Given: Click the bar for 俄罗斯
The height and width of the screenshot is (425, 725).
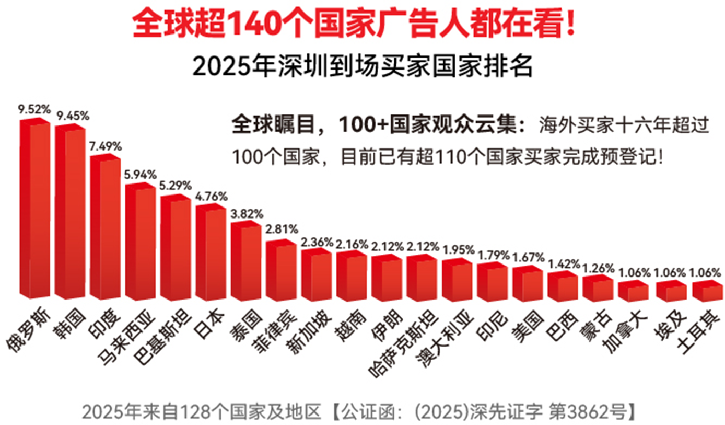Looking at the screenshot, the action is [35, 208].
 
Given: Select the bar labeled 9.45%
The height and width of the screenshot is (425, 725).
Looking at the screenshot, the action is [70, 211].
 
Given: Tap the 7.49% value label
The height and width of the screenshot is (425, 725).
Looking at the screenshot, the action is [106, 146].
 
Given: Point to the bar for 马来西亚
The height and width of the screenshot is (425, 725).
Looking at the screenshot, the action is [141, 242].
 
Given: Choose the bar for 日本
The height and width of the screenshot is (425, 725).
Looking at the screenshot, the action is [211, 252].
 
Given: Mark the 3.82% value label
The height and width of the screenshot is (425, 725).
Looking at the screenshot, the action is [247, 214].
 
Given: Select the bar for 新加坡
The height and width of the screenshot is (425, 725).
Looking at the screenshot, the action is [317, 274].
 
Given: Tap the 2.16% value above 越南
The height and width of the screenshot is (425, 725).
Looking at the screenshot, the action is [352, 244].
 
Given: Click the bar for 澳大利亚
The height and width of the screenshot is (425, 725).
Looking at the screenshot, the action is [458, 280].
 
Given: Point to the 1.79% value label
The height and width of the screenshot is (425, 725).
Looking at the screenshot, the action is [494, 256].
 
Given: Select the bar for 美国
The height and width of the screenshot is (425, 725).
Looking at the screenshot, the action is [528, 284].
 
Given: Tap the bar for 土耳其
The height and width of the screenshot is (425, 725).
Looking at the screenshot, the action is [708, 291].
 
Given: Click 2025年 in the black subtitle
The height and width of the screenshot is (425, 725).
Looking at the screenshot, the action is [233, 66].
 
